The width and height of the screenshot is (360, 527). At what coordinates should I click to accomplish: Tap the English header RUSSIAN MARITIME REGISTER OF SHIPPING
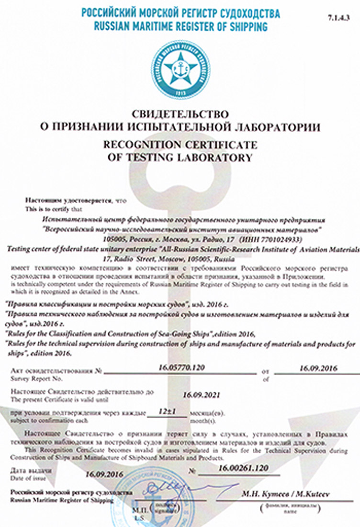pyautogui.click(x=180, y=27)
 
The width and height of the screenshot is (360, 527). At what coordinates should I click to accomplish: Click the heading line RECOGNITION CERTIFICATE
pyautogui.click(x=180, y=145)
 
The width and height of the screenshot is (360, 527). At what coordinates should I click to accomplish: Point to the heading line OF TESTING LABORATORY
pyautogui.click(x=180, y=157)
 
